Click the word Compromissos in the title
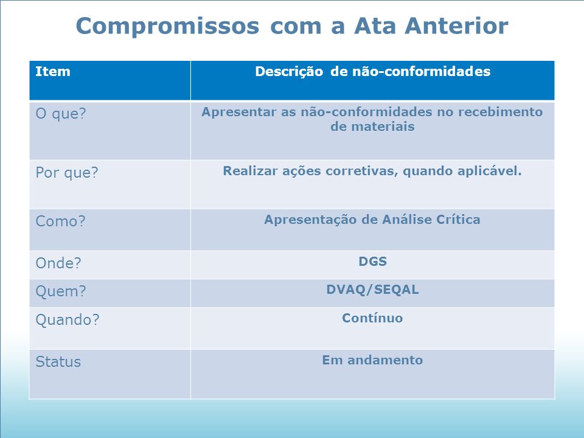coord(168,26)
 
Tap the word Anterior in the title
coord(456,26)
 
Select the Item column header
coord(53,71)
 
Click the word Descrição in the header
coord(289,72)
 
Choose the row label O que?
coord(61,114)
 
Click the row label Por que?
coord(67,173)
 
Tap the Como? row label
coord(60,221)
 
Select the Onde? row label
coord(58,263)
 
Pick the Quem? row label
coord(61,291)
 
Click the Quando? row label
coord(68,320)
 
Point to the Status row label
coord(58,362)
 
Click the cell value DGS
coord(372,262)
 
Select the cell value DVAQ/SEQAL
coord(372,290)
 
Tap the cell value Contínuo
coord(372,318)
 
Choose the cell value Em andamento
coord(372,360)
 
